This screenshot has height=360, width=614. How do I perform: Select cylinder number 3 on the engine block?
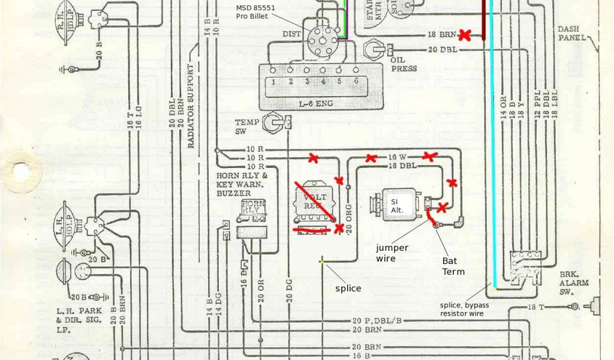[x=306, y=80]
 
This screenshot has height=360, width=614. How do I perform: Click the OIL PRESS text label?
[x=403, y=65]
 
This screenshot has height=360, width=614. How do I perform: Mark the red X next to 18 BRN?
[x=464, y=35]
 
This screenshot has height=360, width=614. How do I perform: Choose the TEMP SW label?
[x=246, y=126]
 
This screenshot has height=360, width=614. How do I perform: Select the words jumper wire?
[x=392, y=253]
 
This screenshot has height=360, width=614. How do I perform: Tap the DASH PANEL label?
[x=570, y=33]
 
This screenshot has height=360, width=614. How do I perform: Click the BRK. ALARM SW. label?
[x=573, y=283]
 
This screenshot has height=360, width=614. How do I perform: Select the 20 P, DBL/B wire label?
[x=377, y=320]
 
